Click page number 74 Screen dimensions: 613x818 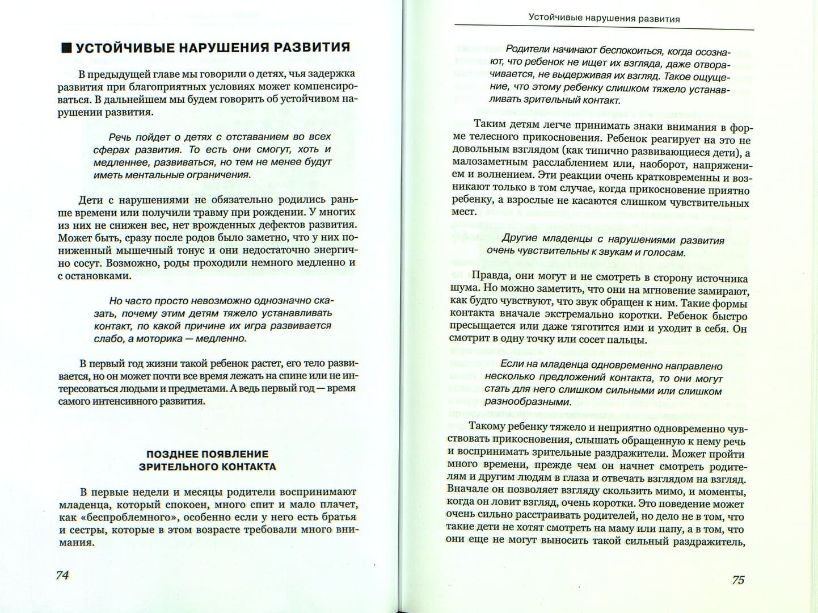(62, 575)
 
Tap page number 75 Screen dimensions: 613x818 (737, 580)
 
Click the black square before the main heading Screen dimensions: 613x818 (66, 48)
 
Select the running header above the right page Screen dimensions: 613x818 (604, 18)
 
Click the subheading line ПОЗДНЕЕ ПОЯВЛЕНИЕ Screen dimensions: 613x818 (207, 454)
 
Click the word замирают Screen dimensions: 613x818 (724, 291)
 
